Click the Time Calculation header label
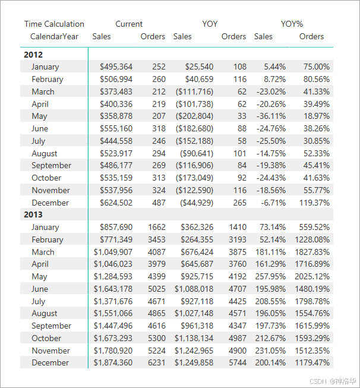point(54,24)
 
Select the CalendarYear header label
point(54,37)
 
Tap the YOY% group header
point(292,24)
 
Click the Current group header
point(129,24)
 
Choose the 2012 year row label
point(33,55)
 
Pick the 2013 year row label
point(33,214)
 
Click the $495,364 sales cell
point(116,67)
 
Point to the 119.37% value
point(314,203)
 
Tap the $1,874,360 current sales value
point(113,362)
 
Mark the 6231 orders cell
point(156,362)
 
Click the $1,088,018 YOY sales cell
point(194,289)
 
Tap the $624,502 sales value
point(116,203)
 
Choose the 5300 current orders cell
point(156,338)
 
